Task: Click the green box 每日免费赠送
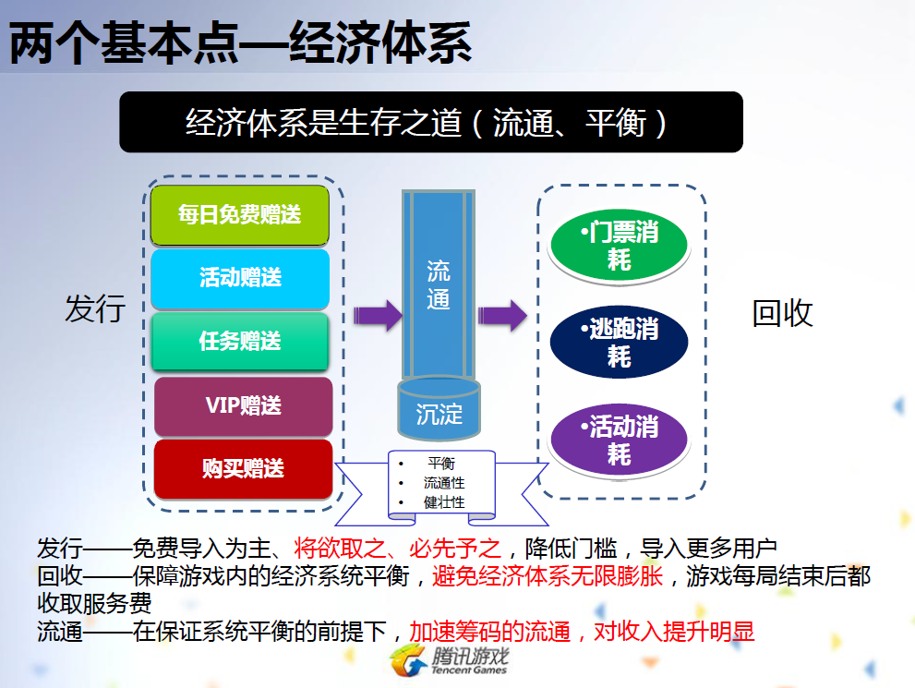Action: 239,215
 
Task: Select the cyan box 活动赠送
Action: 240,278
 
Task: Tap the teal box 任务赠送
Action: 240,341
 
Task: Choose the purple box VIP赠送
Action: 243,405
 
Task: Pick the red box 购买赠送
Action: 243,468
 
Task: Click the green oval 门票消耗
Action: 619,246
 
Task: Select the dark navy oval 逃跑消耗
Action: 619,342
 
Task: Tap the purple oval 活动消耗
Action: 619,440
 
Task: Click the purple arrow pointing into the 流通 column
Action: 377,315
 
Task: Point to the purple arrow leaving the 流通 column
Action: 501,315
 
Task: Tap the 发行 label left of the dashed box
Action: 94,309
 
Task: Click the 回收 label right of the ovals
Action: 782,313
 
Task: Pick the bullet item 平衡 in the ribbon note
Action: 440,464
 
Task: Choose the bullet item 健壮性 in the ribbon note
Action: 444,502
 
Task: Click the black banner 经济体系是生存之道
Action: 430,122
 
